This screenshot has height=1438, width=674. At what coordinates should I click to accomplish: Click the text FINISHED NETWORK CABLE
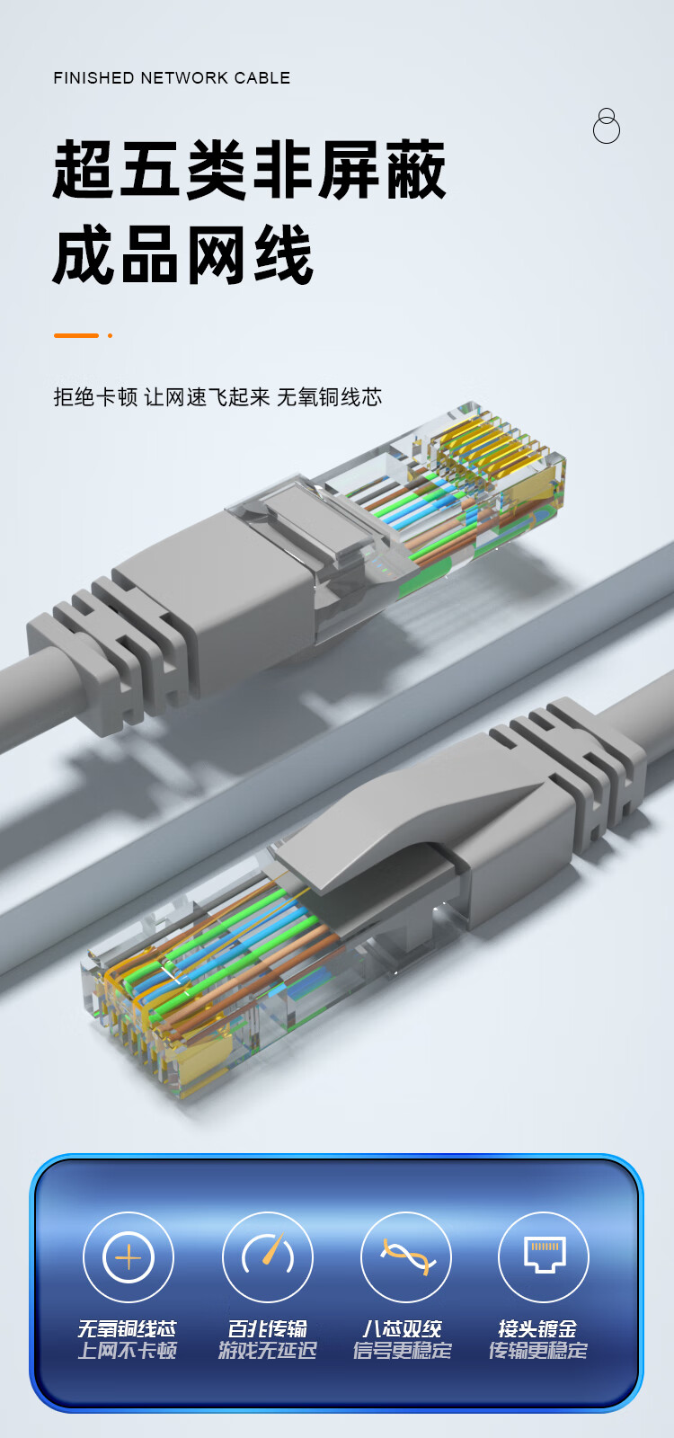coord(172,78)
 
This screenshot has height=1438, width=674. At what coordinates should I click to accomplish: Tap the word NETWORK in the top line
coord(184,78)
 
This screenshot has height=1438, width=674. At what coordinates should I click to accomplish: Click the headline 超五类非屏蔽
coord(249,170)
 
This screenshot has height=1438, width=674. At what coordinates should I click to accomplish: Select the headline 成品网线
coord(183,255)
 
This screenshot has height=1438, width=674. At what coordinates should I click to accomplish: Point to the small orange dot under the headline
coord(111,335)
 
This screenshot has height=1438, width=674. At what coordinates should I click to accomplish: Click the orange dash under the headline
coord(76,335)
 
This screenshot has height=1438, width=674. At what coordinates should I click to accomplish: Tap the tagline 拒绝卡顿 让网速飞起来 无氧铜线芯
coord(217,397)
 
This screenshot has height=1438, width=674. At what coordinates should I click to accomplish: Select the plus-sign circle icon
coord(129,1257)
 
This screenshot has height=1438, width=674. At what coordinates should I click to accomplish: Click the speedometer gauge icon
coord(268,1257)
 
